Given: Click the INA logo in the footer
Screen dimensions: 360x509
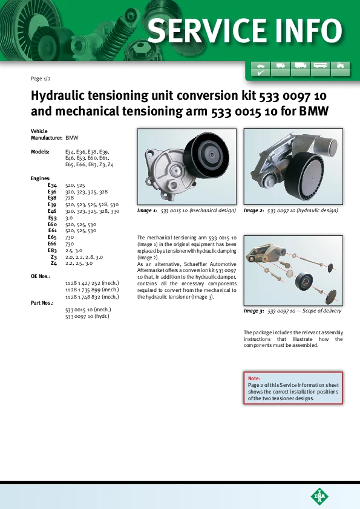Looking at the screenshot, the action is pyautogui.click(x=319, y=496).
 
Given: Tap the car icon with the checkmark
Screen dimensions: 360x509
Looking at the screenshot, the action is pyautogui.click(x=261, y=69).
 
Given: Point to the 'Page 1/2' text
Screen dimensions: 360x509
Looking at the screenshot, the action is pyautogui.click(x=41, y=79).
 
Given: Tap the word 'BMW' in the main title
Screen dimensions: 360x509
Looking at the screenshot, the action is pyautogui.click(x=313, y=111).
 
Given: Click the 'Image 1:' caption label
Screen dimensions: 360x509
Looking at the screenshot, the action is pyautogui.click(x=147, y=210).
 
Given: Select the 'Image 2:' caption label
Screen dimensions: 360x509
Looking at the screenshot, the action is pyautogui.click(x=254, y=210).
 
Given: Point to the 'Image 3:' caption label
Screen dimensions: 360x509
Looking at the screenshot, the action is pyautogui.click(x=254, y=311).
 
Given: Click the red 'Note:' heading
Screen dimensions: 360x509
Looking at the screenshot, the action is pyautogui.click(x=254, y=378).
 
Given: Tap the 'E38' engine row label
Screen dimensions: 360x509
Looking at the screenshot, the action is pyautogui.click(x=52, y=198).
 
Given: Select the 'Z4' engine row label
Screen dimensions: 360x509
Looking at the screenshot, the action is pyautogui.click(x=54, y=263).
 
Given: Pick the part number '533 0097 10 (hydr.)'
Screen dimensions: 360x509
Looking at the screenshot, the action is pyautogui.click(x=87, y=316).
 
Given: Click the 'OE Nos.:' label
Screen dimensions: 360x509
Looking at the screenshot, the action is pyautogui.click(x=41, y=277).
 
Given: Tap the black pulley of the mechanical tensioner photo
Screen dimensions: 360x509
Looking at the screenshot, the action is pyautogui.click(x=206, y=157).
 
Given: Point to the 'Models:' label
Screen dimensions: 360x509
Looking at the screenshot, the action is pyautogui.click(x=40, y=152).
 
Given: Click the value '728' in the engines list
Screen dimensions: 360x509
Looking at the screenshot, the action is pyautogui.click(x=70, y=198).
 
